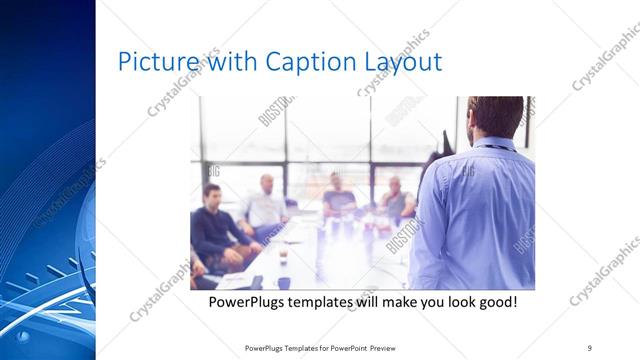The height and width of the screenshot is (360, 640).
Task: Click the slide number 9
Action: (590, 348)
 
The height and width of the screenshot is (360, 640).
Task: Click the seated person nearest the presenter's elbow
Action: (397, 200)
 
